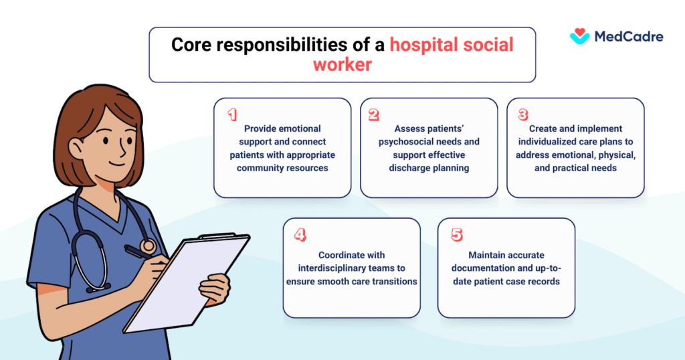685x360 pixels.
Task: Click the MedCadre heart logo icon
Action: (x=580, y=36)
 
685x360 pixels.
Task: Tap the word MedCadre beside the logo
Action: (x=629, y=37)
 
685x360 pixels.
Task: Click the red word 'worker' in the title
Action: (x=342, y=65)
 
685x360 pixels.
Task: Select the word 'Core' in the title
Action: (x=191, y=45)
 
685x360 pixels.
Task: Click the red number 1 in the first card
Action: (x=232, y=114)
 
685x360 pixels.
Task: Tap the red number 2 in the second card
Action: (x=374, y=114)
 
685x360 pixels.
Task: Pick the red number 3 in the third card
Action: (x=523, y=114)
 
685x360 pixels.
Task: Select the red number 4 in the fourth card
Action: (x=300, y=235)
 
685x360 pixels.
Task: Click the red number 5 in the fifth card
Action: (x=457, y=235)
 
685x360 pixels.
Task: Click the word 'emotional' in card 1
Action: (x=300, y=128)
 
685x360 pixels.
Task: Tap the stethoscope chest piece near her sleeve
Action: (x=148, y=246)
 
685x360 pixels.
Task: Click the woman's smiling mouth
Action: (x=117, y=164)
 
